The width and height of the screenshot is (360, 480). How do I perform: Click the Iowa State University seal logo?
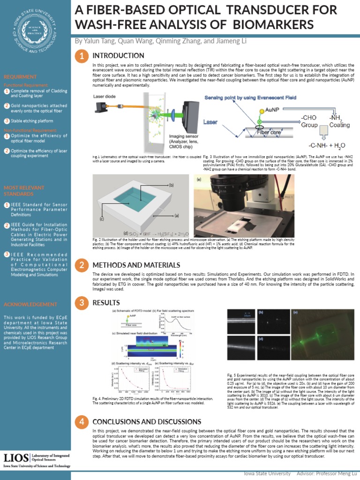coord(35,32)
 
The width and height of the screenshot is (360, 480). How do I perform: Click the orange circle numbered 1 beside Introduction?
coord(82,56)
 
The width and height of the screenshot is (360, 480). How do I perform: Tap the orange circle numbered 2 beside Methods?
coord(82,265)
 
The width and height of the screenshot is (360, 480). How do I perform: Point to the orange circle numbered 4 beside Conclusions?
coord(82,422)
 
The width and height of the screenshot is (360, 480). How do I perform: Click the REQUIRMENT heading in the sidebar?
coord(20,76)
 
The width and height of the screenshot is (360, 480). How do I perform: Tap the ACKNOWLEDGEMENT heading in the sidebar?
coord(30,304)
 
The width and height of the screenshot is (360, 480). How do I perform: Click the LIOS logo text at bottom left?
coord(15,457)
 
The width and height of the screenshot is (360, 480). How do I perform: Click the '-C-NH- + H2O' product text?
coord(326,145)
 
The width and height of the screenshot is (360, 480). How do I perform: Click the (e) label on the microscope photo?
coord(199,180)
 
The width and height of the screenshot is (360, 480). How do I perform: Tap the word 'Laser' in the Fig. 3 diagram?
coord(211,122)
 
